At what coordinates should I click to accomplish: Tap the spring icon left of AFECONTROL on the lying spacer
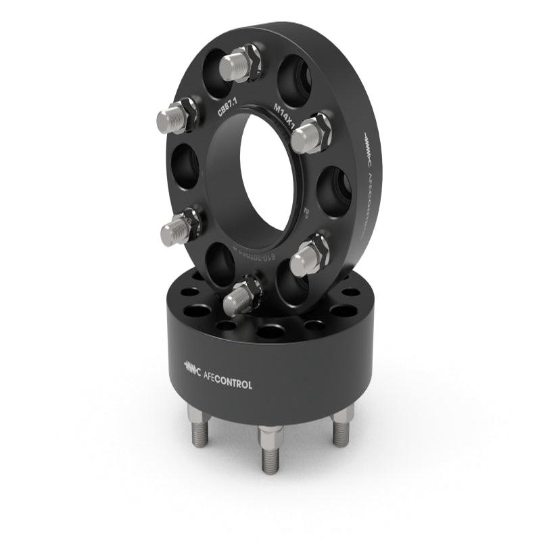(x=193, y=368)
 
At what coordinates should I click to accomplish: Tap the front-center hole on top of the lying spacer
(x=270, y=332)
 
